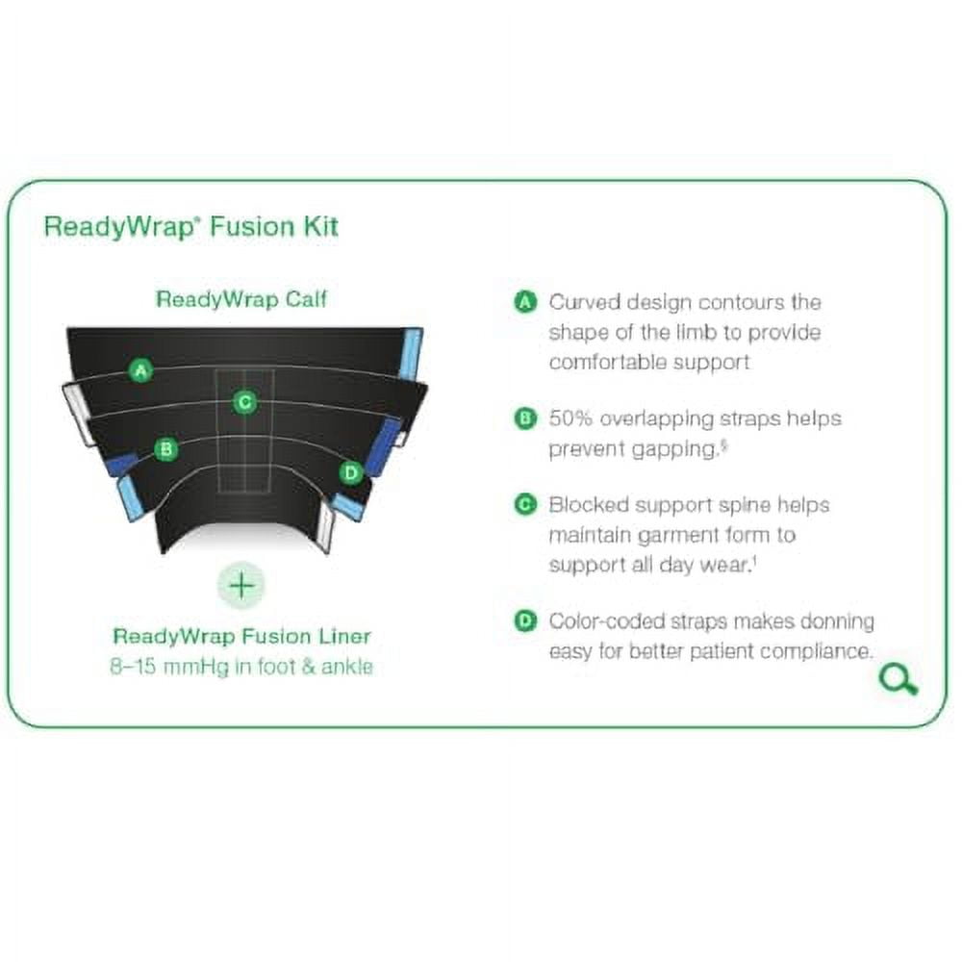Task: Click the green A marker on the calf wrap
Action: point(142,369)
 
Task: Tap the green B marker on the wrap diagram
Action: point(166,448)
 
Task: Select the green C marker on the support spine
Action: point(245,402)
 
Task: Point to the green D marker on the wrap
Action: point(351,471)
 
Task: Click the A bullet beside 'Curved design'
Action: point(525,302)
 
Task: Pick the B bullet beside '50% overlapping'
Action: point(525,418)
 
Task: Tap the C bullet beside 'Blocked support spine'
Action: point(525,504)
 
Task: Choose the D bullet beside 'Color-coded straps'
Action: point(525,621)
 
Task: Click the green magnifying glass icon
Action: point(899,679)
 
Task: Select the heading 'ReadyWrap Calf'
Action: point(241,299)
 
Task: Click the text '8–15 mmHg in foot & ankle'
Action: point(241,666)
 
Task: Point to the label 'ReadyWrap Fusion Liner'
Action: point(241,636)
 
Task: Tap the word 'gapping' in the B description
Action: point(670,450)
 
